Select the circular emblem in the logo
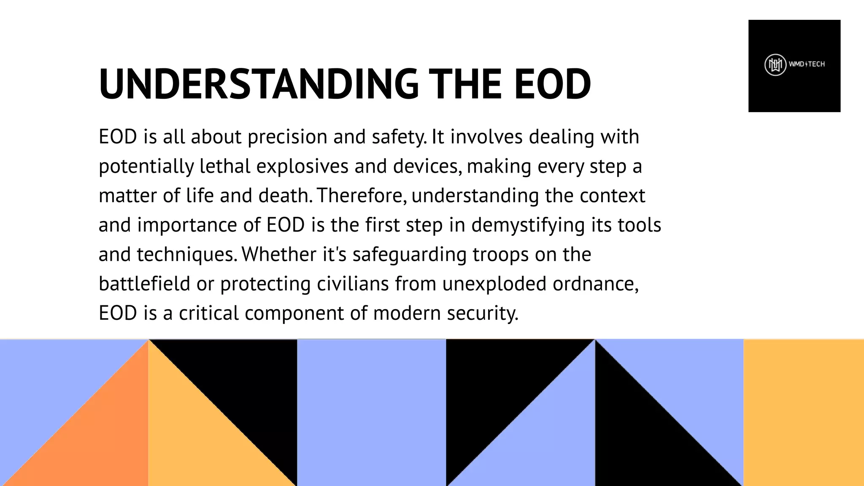tap(775, 65)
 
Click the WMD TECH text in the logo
tap(807, 65)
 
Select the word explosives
tap(302, 167)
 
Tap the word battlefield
tap(144, 284)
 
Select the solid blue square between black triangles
tap(371, 413)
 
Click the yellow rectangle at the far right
tap(803, 413)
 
